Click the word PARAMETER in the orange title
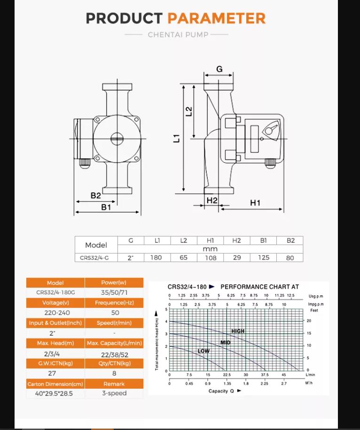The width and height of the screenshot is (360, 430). [216, 18]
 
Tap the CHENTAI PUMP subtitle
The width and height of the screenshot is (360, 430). [178, 35]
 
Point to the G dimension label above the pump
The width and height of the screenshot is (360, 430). [219, 69]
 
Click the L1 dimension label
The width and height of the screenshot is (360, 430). [177, 138]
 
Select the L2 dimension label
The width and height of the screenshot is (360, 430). [189, 111]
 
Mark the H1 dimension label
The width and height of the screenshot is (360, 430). [255, 203]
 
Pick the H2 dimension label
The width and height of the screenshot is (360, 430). [212, 200]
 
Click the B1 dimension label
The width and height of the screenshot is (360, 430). [106, 207]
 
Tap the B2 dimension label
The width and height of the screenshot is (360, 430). [96, 195]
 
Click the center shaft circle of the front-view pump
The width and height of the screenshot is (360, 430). [117, 138]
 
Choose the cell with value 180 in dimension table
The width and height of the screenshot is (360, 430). [157, 258]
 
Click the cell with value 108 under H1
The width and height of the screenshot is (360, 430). [210, 258]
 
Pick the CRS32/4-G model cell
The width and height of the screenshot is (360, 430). [95, 258]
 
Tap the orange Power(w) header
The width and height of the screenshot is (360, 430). [114, 283]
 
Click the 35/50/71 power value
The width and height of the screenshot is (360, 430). [114, 293]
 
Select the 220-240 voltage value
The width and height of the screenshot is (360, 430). [55, 313]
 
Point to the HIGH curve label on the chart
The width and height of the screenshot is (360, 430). [238, 331]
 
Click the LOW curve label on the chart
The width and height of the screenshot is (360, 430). [203, 351]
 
